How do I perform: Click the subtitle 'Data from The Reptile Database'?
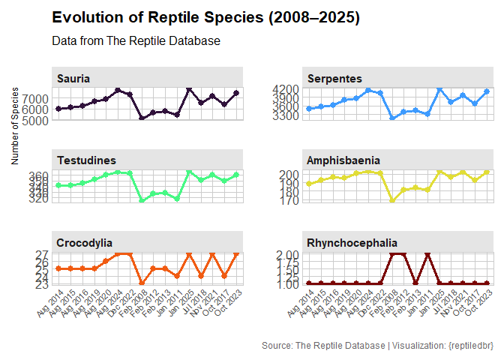click(136, 41)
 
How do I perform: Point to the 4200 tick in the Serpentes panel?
click(288, 89)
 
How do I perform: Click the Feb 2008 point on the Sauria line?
click(142, 118)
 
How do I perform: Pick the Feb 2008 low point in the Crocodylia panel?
click(142, 283)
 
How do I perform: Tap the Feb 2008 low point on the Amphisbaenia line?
click(391, 200)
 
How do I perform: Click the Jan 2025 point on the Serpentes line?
click(439, 90)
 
